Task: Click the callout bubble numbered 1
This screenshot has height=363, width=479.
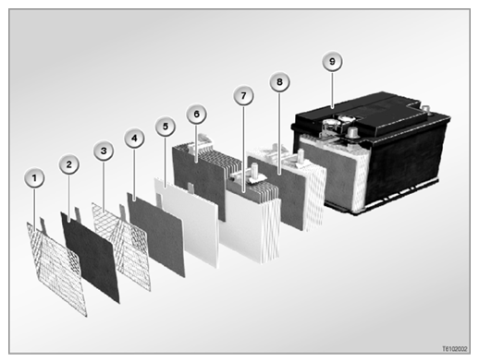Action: (34, 178)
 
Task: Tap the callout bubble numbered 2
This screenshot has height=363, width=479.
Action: (68, 164)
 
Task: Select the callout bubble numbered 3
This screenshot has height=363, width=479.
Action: (104, 151)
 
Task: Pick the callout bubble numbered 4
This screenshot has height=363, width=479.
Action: (134, 139)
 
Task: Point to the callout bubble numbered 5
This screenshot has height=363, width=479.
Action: (166, 127)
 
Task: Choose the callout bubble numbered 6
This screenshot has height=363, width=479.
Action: (196, 115)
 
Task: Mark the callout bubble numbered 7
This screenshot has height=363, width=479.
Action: (243, 96)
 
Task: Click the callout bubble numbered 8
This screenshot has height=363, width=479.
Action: (279, 82)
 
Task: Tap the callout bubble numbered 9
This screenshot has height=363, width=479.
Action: (332, 62)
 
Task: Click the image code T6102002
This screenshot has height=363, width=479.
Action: (455, 349)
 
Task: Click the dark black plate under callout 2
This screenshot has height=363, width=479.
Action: (90, 257)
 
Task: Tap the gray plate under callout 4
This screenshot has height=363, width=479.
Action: (156, 235)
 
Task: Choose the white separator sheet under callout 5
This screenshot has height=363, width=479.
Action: (187, 223)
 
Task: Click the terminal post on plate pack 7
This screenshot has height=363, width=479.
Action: (254, 170)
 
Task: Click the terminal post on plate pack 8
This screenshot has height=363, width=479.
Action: (301, 155)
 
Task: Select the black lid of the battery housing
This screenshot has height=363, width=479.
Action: (370, 117)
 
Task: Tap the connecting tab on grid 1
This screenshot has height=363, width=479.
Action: (43, 225)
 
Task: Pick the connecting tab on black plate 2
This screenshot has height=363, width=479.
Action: (78, 214)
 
